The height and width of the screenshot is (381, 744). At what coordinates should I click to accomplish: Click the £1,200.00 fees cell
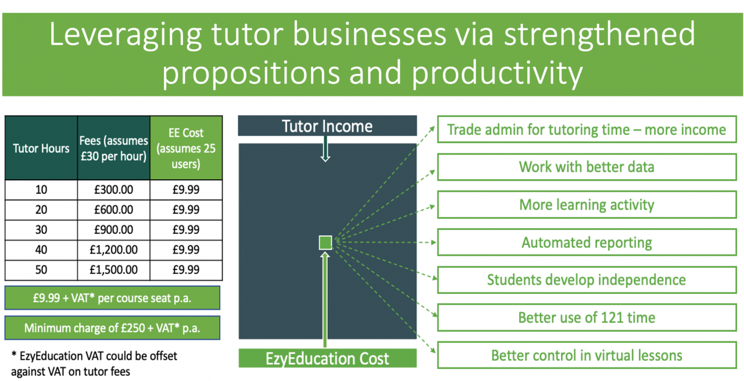tap(113, 250)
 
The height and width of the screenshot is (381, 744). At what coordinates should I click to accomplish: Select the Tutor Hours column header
tap(41, 148)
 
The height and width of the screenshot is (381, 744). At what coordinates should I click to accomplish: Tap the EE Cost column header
tap(186, 148)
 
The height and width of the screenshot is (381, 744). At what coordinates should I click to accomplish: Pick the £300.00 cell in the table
tap(113, 190)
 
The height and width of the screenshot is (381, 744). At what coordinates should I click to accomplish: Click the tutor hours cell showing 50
tap(41, 270)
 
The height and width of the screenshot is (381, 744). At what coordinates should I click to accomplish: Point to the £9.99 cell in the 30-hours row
tap(186, 230)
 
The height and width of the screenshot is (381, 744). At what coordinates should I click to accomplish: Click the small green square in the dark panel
tap(325, 243)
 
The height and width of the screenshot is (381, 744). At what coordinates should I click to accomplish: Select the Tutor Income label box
tap(327, 126)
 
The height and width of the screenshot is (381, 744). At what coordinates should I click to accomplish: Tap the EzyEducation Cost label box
tap(327, 358)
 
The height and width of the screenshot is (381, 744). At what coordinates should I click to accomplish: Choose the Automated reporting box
tap(586, 243)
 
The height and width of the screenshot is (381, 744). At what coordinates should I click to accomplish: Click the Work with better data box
tap(586, 167)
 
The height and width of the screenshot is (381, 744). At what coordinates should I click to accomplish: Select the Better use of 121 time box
tap(586, 318)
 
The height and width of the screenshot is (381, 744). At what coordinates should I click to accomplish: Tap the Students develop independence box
tap(586, 280)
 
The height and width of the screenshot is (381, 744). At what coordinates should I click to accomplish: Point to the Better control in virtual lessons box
tap(586, 355)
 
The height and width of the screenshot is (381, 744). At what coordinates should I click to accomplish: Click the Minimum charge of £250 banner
tap(112, 328)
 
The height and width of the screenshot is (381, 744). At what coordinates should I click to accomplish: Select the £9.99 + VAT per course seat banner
tap(112, 298)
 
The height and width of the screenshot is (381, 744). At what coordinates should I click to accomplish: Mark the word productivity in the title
tap(497, 74)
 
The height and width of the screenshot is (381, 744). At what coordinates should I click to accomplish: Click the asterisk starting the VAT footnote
tap(14, 354)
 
